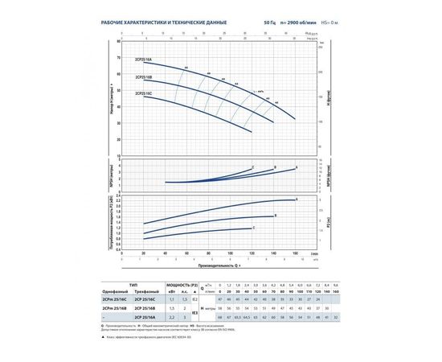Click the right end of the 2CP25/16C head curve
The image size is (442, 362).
(x=252, y=131)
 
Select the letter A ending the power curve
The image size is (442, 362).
(x=297, y=198)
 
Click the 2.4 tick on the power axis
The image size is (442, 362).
(x=119, y=195)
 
